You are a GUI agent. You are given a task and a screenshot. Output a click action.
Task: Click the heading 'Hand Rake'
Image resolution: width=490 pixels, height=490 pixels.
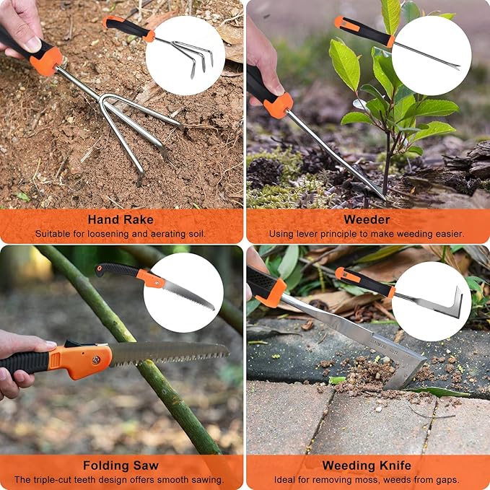(121, 219)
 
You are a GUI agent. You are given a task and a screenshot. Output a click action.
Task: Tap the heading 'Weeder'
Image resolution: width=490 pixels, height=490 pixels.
(367, 219)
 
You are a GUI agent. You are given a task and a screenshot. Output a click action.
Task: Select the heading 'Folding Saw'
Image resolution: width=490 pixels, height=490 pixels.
(121, 465)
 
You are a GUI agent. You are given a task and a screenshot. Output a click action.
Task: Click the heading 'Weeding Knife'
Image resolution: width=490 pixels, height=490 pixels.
(367, 465)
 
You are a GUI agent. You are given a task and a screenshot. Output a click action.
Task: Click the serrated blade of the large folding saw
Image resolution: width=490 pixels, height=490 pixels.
(170, 353)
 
